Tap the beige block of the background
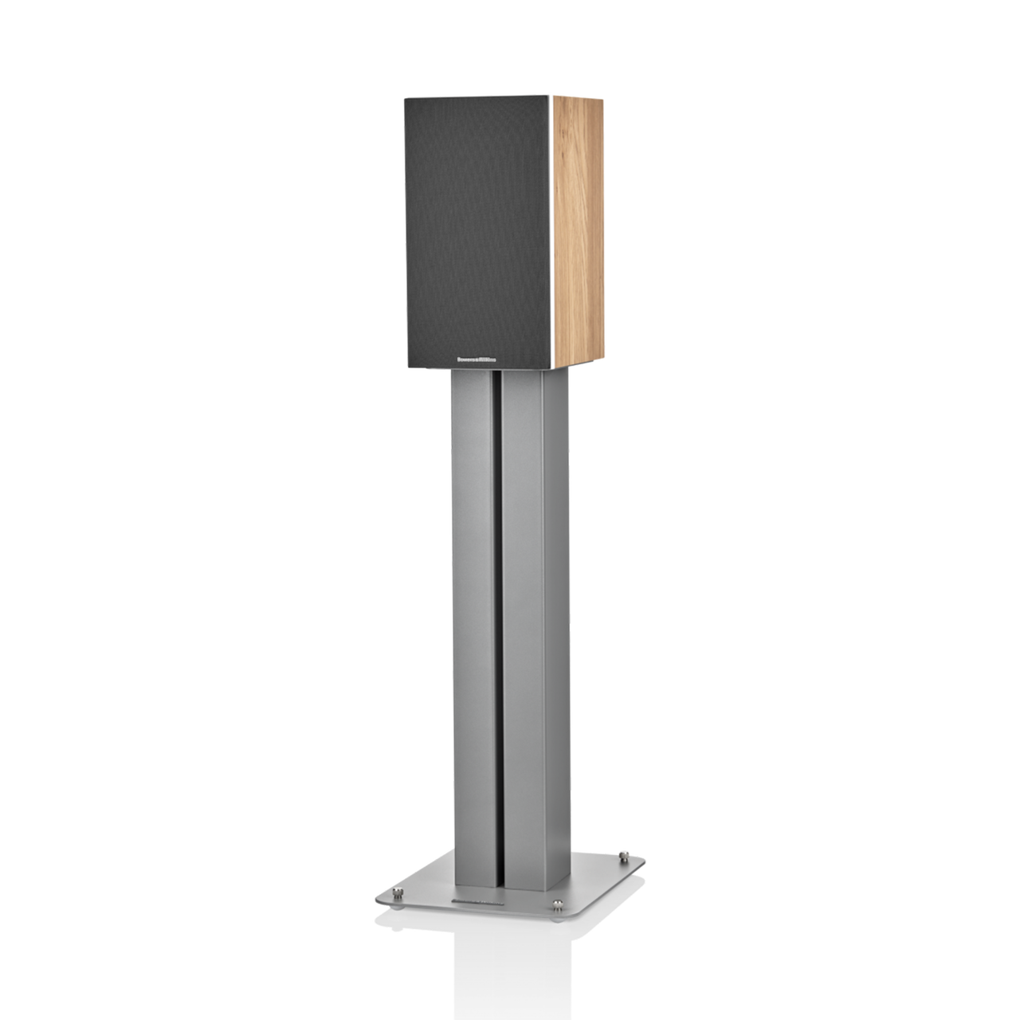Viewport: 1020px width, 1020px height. [797, 199]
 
